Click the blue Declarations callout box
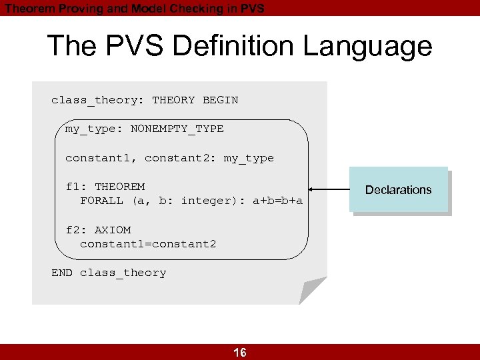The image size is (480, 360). [398, 190]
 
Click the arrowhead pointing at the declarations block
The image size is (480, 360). [312, 190]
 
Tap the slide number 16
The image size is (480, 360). [240, 353]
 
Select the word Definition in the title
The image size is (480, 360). [223, 47]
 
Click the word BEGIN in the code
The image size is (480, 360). [220, 100]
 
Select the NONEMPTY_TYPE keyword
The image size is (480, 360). [177, 129]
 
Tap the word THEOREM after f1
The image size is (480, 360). [119, 187]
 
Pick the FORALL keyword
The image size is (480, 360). [101, 201]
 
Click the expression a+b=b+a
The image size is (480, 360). [277, 201]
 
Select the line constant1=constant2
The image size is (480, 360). [148, 244]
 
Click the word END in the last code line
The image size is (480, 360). [62, 273]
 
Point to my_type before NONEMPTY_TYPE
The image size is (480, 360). [90, 129]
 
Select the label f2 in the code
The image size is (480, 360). [72, 230]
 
